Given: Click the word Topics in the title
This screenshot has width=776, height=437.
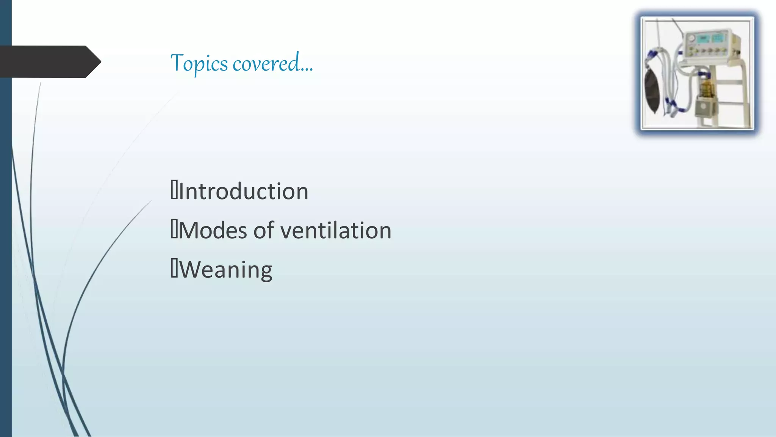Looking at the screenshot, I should [x=199, y=63].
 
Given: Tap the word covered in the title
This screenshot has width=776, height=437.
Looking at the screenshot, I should [x=266, y=63].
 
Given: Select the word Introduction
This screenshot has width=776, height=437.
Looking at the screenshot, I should [x=243, y=191].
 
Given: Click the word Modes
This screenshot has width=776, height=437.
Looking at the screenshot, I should [x=213, y=230].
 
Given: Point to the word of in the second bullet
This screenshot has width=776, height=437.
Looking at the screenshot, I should [x=264, y=230].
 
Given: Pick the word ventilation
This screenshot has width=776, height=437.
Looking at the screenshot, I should [x=336, y=230].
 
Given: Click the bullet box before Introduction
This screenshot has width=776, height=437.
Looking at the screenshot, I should [x=174, y=190].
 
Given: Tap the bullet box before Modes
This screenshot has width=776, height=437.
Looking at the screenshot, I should [x=174, y=230].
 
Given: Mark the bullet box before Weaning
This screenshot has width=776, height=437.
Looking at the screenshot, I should [x=174, y=269].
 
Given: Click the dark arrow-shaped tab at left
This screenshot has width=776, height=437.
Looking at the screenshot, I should [x=49, y=61].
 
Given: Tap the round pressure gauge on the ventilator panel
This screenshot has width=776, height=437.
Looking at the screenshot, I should [x=692, y=39].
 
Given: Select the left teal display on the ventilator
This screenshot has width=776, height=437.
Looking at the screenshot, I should [x=704, y=39].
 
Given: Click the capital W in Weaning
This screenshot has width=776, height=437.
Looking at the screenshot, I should [x=188, y=269].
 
